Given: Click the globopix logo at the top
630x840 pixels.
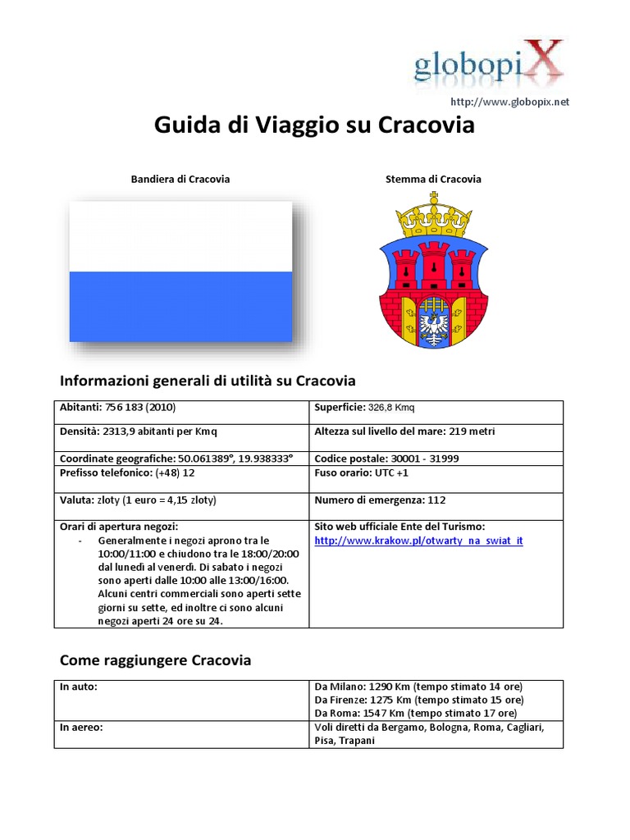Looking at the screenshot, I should [489, 64].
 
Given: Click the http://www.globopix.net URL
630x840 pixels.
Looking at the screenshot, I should [509, 102].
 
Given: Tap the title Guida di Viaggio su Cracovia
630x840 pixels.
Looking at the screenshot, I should [315, 126].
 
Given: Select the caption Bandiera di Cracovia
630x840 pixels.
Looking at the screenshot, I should [180, 179].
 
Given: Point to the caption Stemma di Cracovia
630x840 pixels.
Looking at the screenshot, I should [433, 179].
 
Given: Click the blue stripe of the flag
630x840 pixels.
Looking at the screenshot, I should [180, 306].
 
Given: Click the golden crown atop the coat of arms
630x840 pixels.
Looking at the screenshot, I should [433, 214].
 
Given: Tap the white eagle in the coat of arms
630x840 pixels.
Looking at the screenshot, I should [433, 320].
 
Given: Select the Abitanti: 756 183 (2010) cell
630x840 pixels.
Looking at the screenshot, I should [118, 407].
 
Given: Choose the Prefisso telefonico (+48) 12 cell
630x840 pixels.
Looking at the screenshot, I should [127, 473].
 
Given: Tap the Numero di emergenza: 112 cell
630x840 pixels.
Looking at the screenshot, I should [381, 500].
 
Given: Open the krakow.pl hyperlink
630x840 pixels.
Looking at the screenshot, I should [418, 541].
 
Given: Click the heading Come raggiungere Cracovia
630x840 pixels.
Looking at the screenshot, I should [156, 660].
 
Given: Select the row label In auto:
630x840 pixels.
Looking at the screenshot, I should [79, 686].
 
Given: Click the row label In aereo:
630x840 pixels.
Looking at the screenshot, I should [81, 727].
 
